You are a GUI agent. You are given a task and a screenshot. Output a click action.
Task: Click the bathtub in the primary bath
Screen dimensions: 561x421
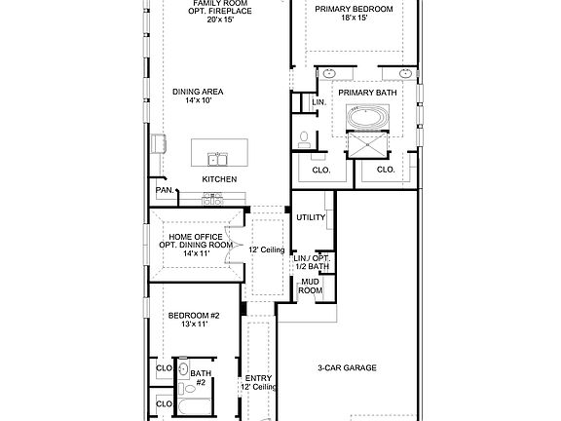[368, 117]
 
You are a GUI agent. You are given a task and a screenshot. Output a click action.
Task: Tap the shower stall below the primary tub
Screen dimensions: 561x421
[368, 145]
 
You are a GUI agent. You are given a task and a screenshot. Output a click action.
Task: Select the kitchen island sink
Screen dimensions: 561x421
[217, 159]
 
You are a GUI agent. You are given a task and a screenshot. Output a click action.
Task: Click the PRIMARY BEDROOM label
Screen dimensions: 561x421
[354, 9]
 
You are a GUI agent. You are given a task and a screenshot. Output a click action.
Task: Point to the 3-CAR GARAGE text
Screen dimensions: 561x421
[347, 367]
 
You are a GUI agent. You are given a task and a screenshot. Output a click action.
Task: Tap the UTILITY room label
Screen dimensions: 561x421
[311, 217]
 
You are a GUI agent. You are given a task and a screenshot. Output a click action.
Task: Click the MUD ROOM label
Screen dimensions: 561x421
[310, 287]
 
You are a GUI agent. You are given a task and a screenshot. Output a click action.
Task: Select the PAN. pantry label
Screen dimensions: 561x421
[165, 190]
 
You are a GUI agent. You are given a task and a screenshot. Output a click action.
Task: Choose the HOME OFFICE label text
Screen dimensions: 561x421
[196, 237]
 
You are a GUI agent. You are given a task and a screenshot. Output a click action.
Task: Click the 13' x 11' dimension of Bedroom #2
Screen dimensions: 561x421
[194, 325]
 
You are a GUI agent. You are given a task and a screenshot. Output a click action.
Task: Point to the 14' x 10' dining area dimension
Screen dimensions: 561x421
[199, 100]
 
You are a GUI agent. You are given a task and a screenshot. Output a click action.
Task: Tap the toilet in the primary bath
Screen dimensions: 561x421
[304, 140]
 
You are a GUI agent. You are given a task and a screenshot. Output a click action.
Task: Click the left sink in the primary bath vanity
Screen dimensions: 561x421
[329, 74]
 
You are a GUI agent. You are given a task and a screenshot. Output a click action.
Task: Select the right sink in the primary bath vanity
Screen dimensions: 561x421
[405, 74]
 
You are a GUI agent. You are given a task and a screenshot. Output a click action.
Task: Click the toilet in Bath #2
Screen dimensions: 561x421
[187, 389]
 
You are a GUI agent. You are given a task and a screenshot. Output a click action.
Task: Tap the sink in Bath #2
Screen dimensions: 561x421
[183, 369]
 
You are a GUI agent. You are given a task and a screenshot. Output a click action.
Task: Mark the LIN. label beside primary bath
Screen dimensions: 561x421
[319, 102]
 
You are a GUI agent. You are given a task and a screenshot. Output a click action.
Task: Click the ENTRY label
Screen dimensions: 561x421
[258, 378]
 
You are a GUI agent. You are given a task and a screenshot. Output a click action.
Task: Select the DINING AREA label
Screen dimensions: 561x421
[198, 92]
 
